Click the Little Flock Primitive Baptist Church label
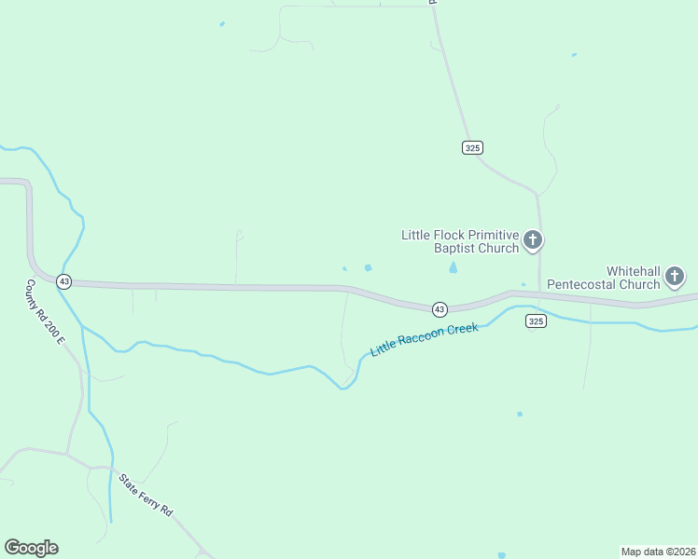pyautogui.click(x=459, y=241)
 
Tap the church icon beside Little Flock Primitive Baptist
pyautogui.click(x=533, y=241)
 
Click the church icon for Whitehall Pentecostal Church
pyautogui.click(x=675, y=276)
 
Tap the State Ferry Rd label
pyautogui.click(x=146, y=496)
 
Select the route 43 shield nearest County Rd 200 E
pyautogui.click(x=63, y=280)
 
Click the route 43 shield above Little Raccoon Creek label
pyautogui.click(x=439, y=308)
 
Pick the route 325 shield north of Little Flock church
pyautogui.click(x=472, y=147)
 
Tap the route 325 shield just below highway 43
pyautogui.click(x=535, y=320)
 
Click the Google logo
pyautogui.click(x=31, y=548)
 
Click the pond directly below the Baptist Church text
pyautogui.click(x=454, y=268)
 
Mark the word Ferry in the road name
pyautogui.click(x=148, y=498)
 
